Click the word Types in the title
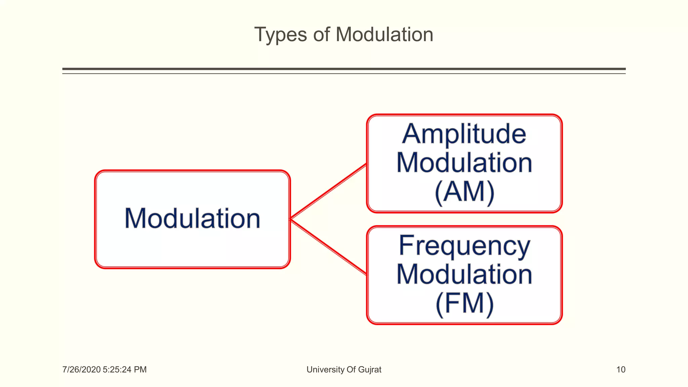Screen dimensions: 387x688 click(x=281, y=35)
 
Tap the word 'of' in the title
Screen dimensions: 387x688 click(x=321, y=35)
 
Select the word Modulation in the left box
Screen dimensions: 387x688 click(x=192, y=219)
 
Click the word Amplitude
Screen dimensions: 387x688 click(x=464, y=134)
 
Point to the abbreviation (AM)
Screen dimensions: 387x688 click(x=464, y=192)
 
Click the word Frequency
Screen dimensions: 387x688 click(x=464, y=246)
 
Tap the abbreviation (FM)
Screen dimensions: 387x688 click(x=464, y=304)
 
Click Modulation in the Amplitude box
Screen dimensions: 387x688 click(x=464, y=163)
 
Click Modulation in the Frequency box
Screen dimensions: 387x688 click(x=464, y=275)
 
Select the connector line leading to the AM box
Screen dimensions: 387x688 click(x=329, y=191)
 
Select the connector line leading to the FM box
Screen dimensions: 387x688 click(x=329, y=247)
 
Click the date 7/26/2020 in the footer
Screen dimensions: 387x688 click(x=81, y=370)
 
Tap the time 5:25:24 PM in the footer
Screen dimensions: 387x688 click(x=125, y=370)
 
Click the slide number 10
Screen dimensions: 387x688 click(x=620, y=370)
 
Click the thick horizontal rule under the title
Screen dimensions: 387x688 click(x=344, y=69)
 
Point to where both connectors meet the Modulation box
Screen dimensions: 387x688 click(x=291, y=219)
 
